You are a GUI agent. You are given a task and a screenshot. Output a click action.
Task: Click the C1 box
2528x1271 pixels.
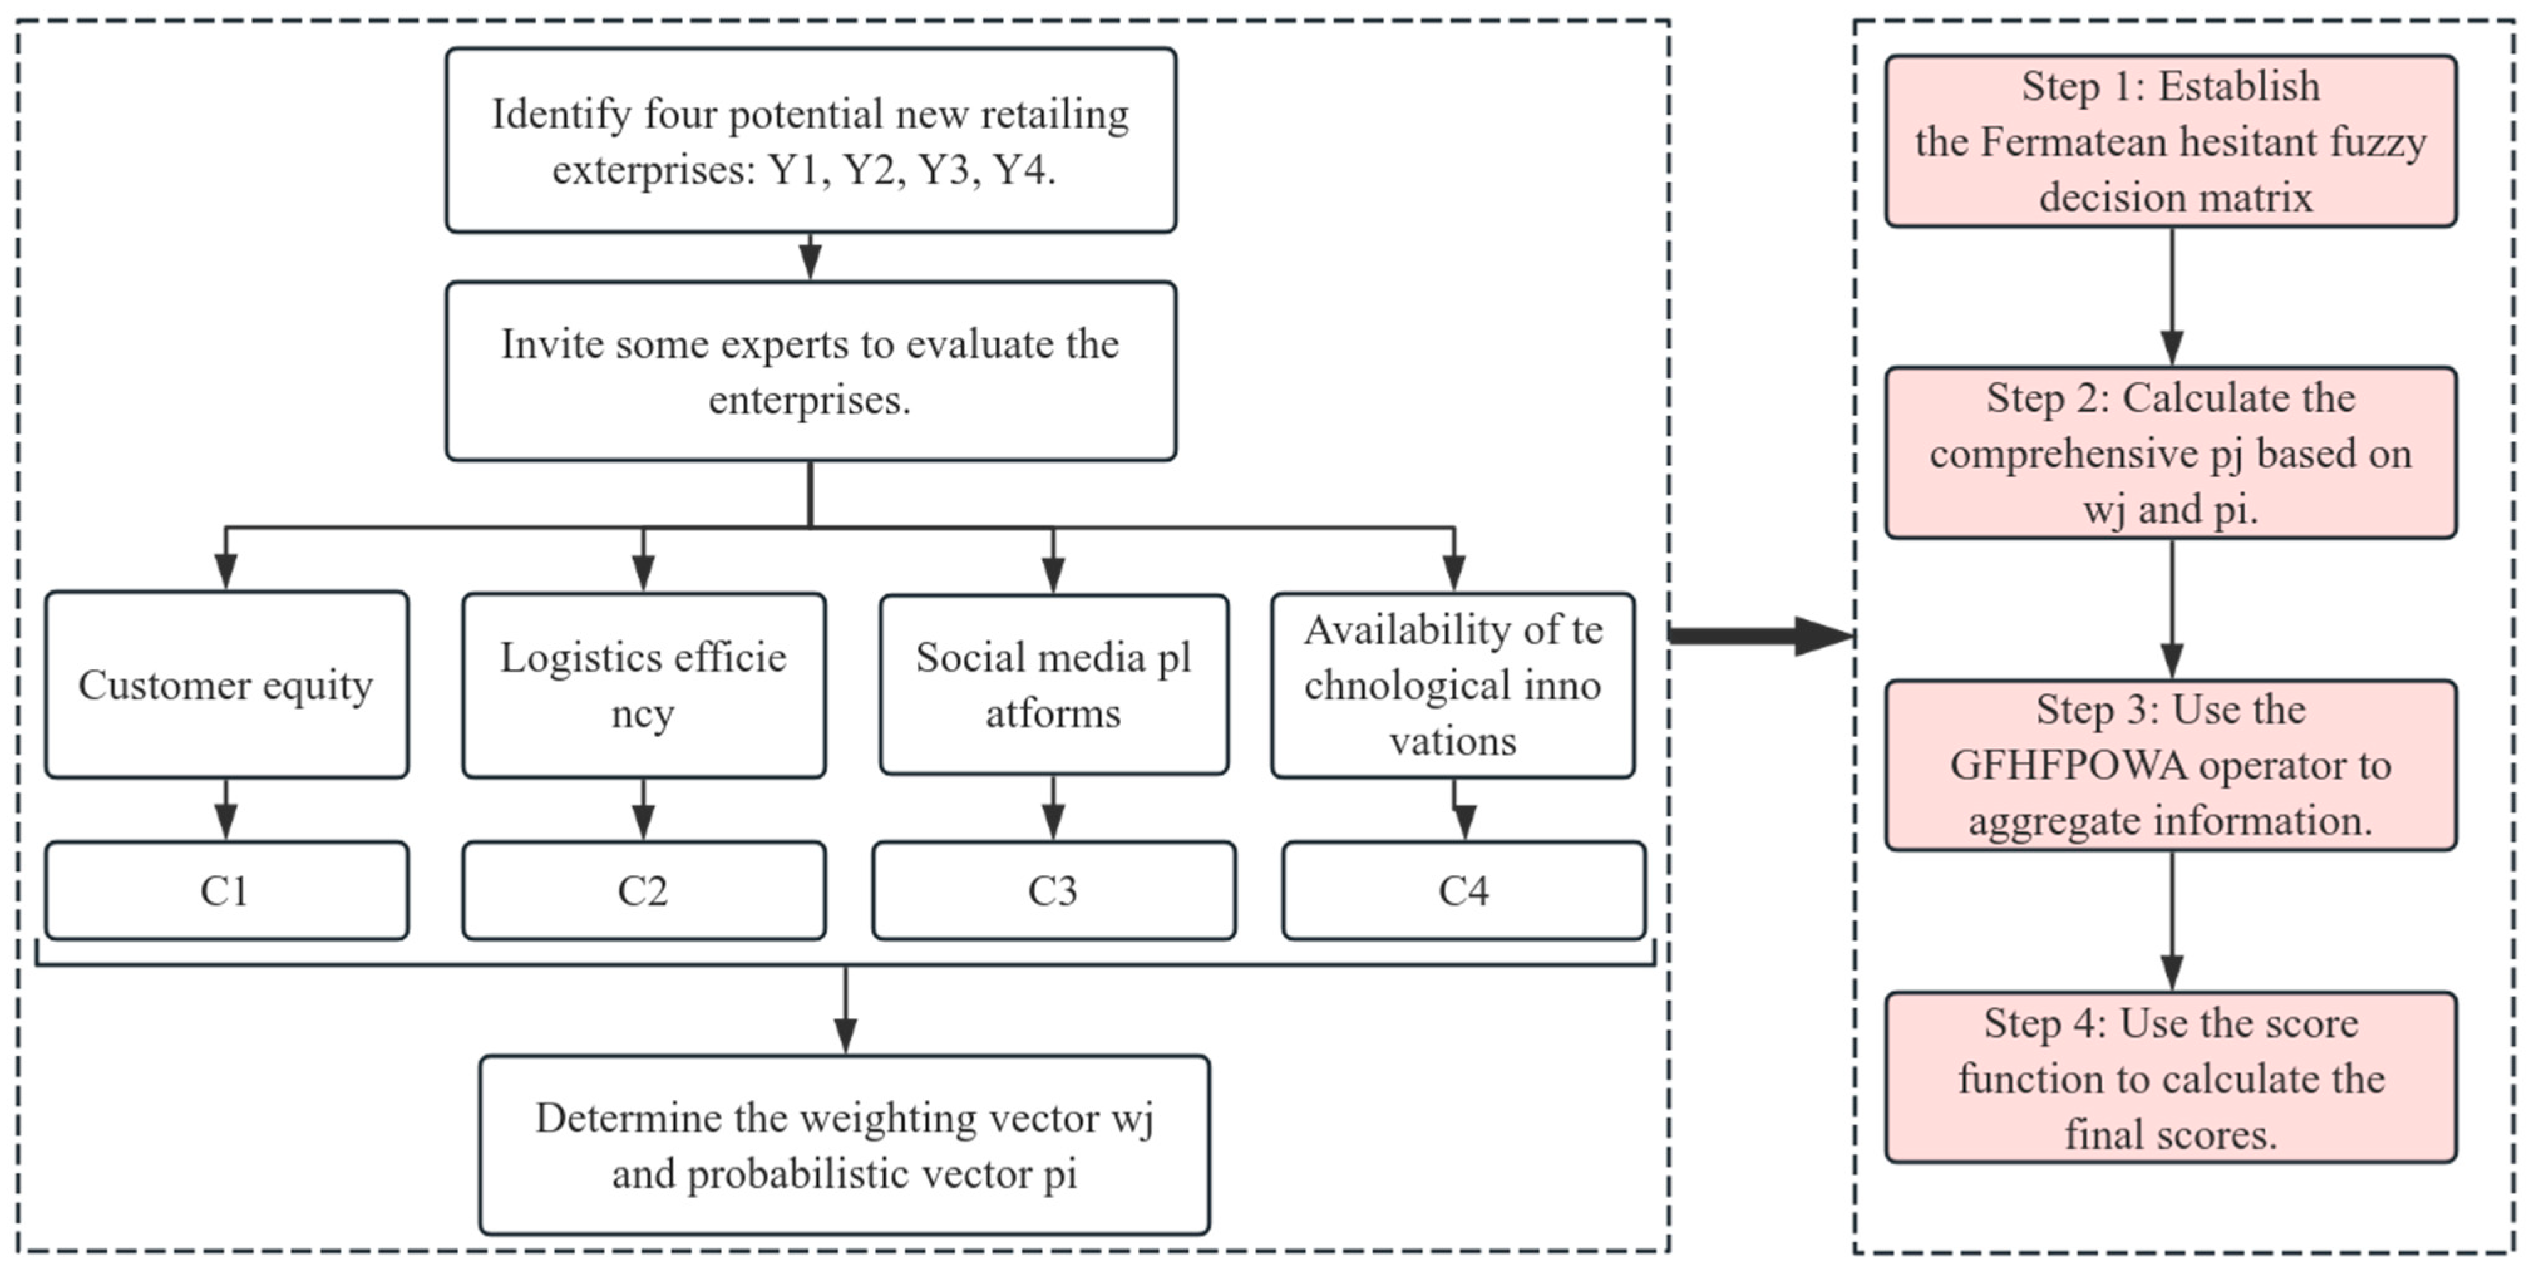click(226, 890)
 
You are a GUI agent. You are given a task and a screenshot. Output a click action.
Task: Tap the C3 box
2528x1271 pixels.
click(1053, 890)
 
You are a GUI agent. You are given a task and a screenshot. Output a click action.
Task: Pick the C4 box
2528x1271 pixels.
click(1463, 890)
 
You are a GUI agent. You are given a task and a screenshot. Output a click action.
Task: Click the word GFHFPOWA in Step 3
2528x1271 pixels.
click(2031, 765)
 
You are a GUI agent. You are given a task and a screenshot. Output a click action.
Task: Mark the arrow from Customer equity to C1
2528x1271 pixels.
click(226, 810)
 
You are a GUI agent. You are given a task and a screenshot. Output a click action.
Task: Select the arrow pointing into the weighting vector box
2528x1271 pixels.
click(845, 1011)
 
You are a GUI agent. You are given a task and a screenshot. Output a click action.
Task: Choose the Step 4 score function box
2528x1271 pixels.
click(2170, 1078)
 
